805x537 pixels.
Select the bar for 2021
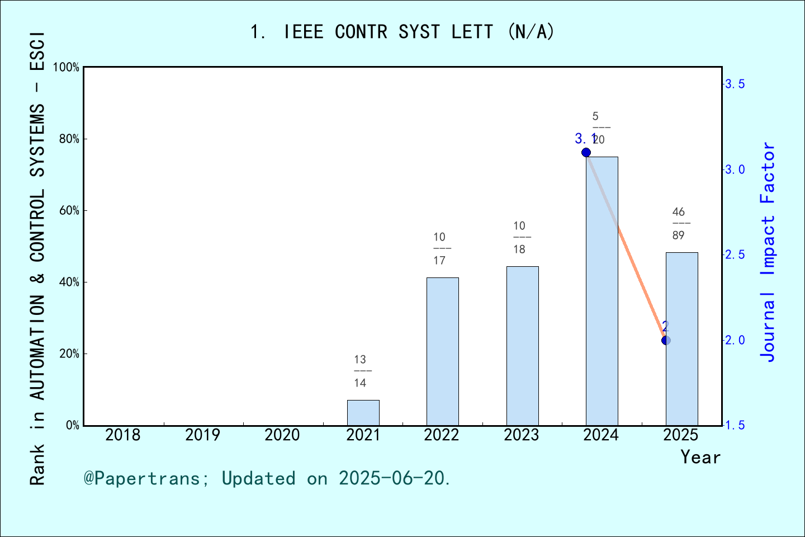pos(363,413)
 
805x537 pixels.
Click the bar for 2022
pos(442,351)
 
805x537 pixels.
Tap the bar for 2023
pos(522,346)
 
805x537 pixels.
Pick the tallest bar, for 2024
pos(602,291)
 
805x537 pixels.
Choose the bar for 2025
pos(681,338)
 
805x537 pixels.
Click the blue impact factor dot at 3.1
pos(586,153)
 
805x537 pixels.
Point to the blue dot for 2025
pos(666,340)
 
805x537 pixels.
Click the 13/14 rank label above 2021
pos(360,371)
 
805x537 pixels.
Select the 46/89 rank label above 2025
pos(679,224)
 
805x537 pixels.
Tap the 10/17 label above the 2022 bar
pos(439,249)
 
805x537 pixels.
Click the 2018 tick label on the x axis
pos(123,435)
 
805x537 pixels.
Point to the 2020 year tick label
pos(282,435)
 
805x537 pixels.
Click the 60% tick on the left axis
pos(69,211)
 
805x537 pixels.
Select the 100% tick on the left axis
pos(67,68)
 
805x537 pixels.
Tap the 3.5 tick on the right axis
pos(735,84)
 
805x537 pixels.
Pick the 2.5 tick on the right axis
pos(735,255)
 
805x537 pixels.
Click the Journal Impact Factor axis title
pos(768,252)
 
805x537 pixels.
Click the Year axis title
pos(700,457)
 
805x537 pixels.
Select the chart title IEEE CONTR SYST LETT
pos(402,32)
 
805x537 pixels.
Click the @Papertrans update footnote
pos(267,478)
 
